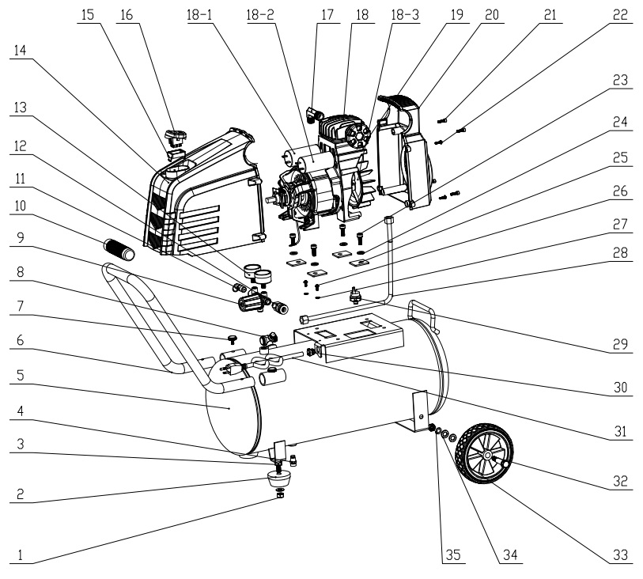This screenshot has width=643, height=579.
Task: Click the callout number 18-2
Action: click(259, 15)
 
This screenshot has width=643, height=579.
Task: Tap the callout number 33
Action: click(620, 554)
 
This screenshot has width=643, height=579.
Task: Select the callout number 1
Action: click(20, 554)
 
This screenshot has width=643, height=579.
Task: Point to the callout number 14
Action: click(20, 50)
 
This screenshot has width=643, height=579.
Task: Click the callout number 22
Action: click(620, 15)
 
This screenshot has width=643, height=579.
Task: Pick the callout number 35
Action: click(453, 554)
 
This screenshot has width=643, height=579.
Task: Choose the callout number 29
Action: click(620, 344)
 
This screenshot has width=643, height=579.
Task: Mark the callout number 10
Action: click(20, 206)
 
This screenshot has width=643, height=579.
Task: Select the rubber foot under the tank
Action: click(278, 478)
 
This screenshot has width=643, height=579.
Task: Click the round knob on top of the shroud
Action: click(175, 134)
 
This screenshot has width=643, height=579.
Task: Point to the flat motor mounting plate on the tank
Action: click(349, 335)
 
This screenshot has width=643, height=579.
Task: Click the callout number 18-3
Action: click(405, 15)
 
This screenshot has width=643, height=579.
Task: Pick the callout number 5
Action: click(20, 375)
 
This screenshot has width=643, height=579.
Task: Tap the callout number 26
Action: click(620, 191)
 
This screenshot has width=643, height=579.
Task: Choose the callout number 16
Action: click(127, 15)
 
